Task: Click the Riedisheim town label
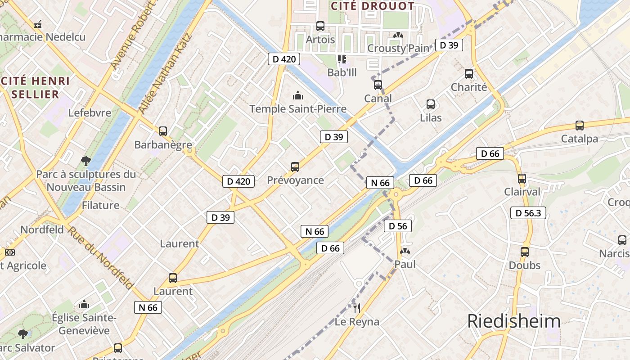tap(513, 321)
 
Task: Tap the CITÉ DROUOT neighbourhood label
tap(372, 6)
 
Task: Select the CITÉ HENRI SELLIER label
tap(35, 88)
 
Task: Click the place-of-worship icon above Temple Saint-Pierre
tap(297, 95)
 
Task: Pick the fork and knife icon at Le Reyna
tap(357, 308)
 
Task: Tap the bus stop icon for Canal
tap(378, 85)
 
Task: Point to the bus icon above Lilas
tap(431, 104)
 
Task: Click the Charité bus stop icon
tap(469, 74)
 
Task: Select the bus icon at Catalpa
tap(580, 126)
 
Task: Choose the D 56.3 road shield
tap(528, 213)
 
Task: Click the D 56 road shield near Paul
tap(398, 226)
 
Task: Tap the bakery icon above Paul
tap(405, 251)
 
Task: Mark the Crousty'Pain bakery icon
tap(398, 35)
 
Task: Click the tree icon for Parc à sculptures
tap(85, 161)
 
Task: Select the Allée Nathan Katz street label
tap(165, 73)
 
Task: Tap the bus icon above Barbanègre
tap(163, 131)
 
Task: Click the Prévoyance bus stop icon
tap(295, 167)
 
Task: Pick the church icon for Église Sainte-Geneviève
tap(84, 305)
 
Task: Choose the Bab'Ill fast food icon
tap(342, 59)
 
